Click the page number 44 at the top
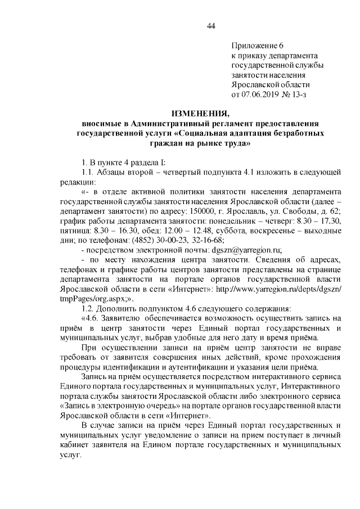pos(211,25)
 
